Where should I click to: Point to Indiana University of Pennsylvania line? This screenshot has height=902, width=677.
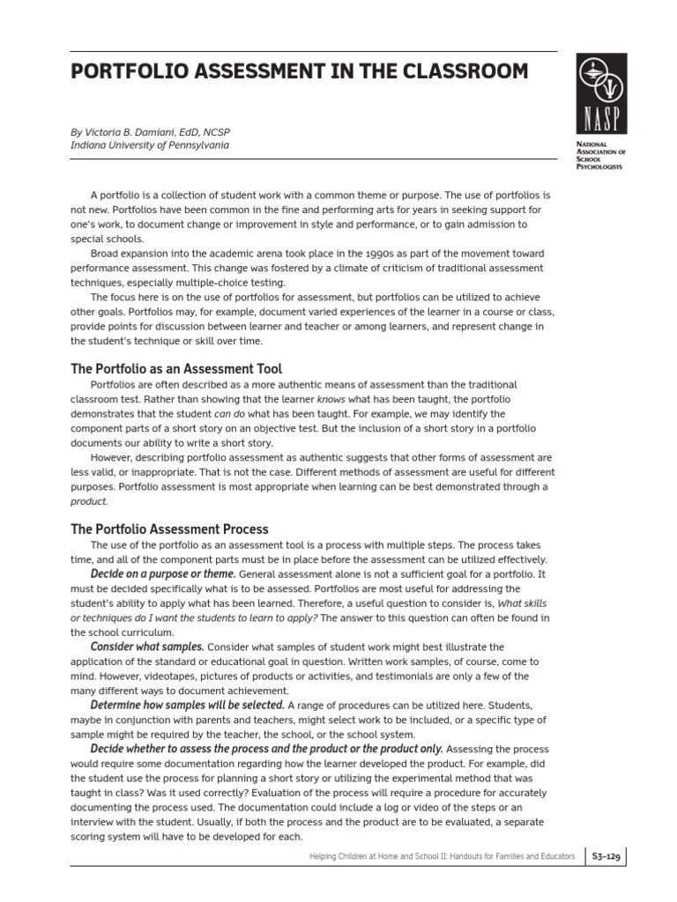[x=149, y=145]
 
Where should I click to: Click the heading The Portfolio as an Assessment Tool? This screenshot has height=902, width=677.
[x=176, y=369]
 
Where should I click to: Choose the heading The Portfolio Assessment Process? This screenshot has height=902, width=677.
[x=169, y=529]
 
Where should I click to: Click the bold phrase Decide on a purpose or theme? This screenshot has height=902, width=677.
[x=163, y=574]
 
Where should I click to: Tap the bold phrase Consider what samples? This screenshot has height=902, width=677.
[x=147, y=647]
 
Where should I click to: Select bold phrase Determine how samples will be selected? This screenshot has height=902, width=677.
[x=187, y=705]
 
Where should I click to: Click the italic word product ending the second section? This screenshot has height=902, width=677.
[x=89, y=501]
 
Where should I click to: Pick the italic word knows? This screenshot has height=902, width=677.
[x=331, y=399]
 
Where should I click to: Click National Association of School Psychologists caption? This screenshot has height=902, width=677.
[x=599, y=154]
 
